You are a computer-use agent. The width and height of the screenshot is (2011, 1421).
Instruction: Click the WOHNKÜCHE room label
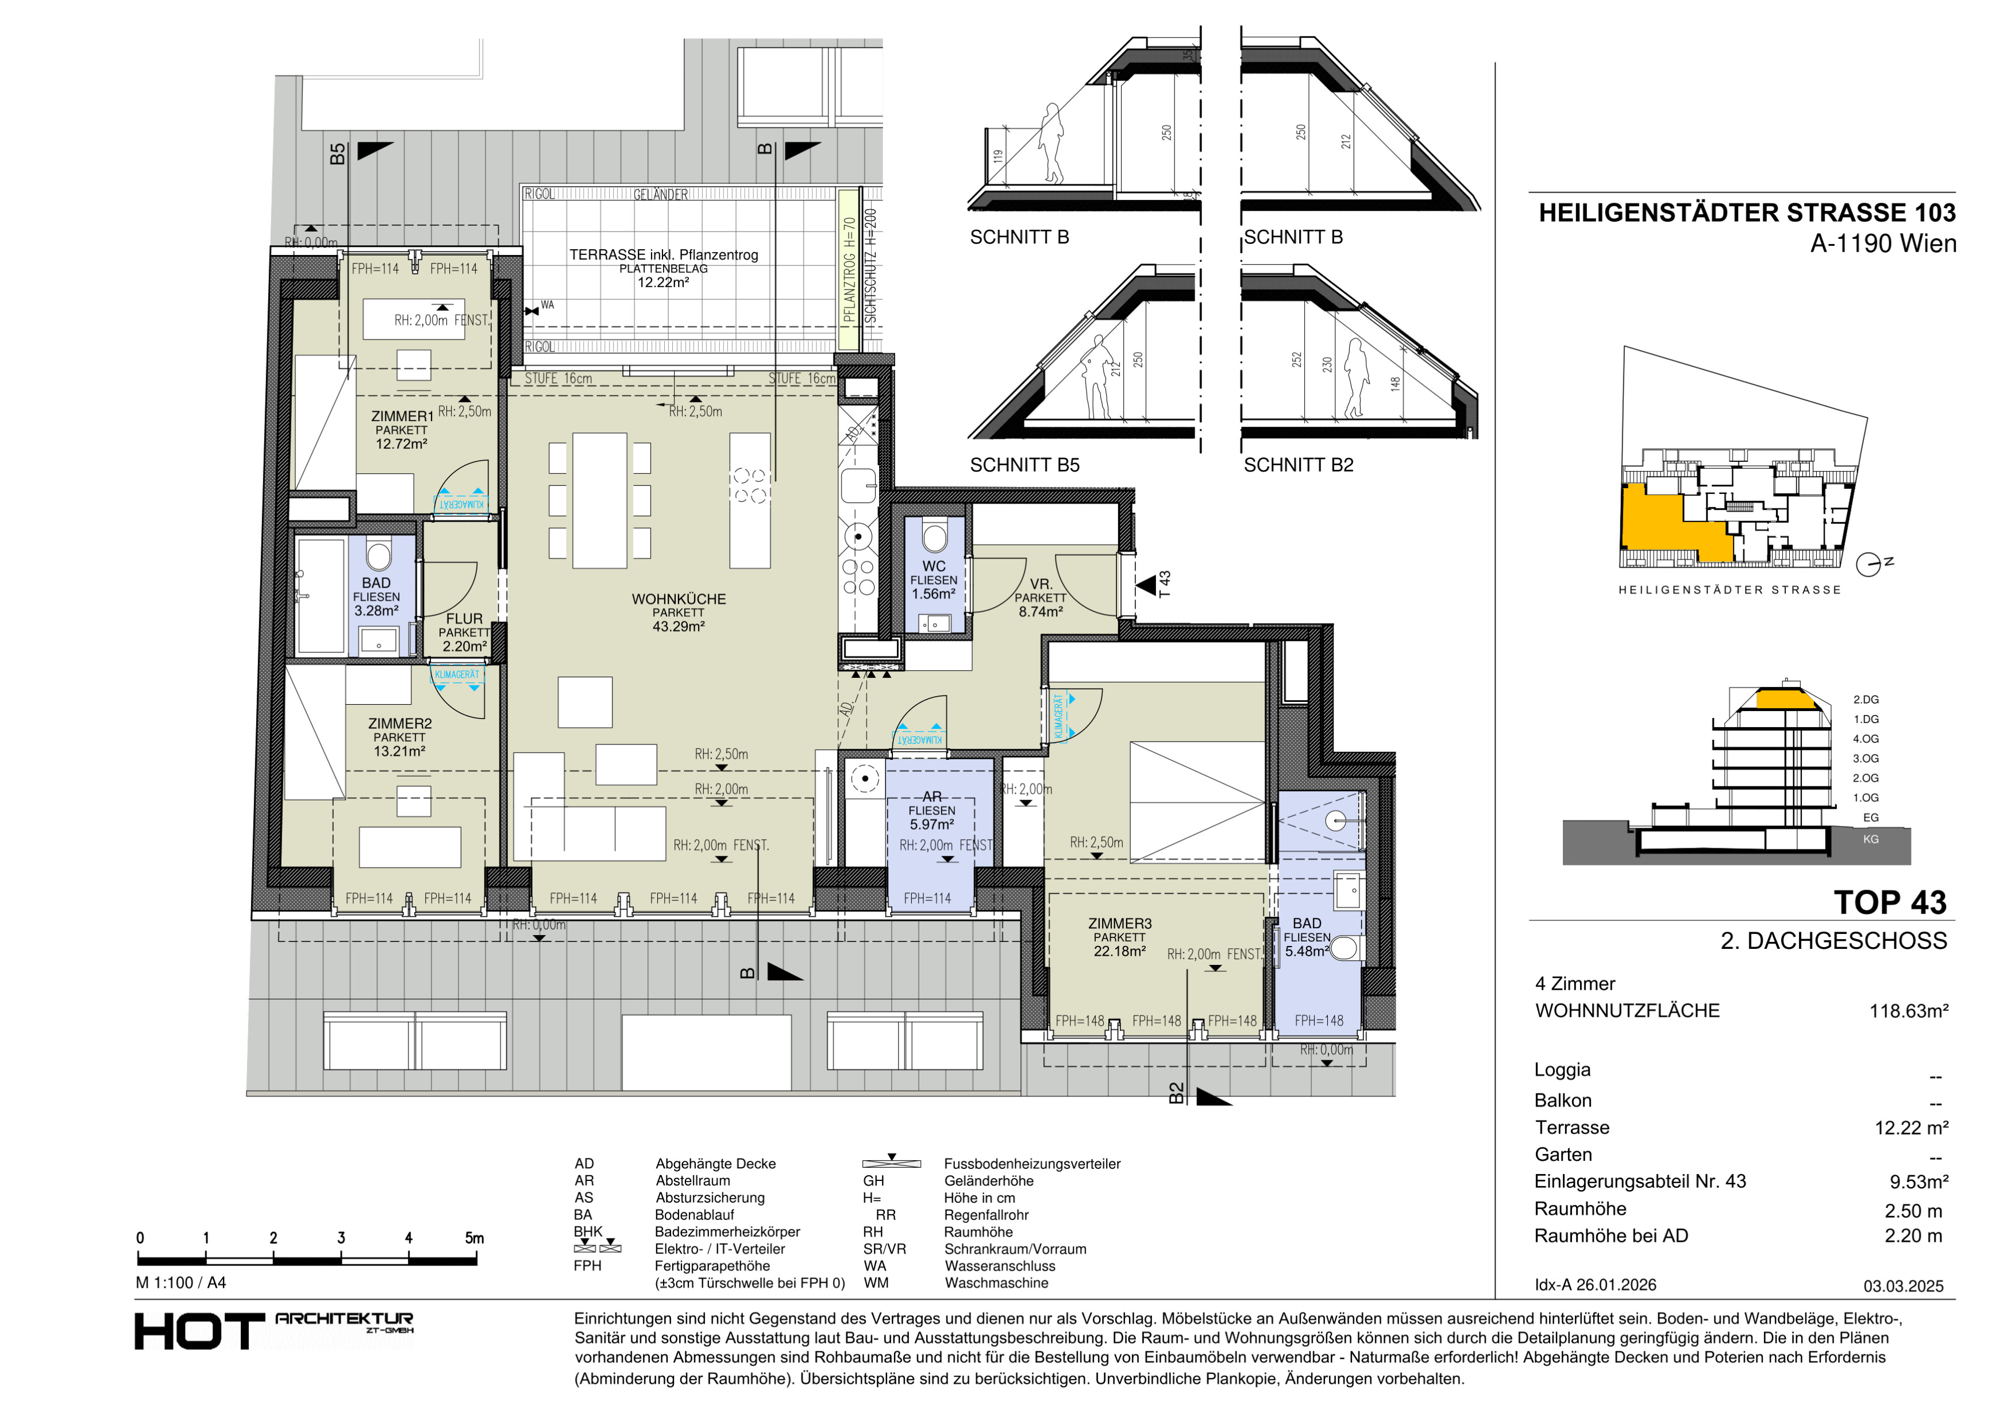click(x=679, y=600)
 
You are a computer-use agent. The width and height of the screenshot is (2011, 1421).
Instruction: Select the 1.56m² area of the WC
click(x=934, y=594)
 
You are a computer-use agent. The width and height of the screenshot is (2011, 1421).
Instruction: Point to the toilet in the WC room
click(x=935, y=536)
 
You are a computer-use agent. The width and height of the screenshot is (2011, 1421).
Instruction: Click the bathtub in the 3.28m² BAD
click(x=321, y=596)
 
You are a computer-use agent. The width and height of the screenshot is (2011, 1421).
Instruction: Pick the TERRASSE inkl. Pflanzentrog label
click(x=664, y=255)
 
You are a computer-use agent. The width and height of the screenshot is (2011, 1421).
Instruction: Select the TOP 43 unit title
click(x=1890, y=903)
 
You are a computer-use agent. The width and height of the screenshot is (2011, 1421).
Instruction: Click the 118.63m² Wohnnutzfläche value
click(x=1909, y=1011)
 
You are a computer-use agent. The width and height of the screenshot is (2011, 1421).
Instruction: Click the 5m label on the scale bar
click(x=474, y=1238)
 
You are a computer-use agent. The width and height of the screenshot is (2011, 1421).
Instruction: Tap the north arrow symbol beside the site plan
click(x=1870, y=565)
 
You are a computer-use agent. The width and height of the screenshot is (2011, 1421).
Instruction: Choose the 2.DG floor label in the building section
click(x=1866, y=700)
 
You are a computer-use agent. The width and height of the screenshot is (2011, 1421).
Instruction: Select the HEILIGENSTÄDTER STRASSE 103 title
click(x=1747, y=213)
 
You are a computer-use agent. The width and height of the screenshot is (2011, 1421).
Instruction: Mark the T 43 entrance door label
click(x=1164, y=584)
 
